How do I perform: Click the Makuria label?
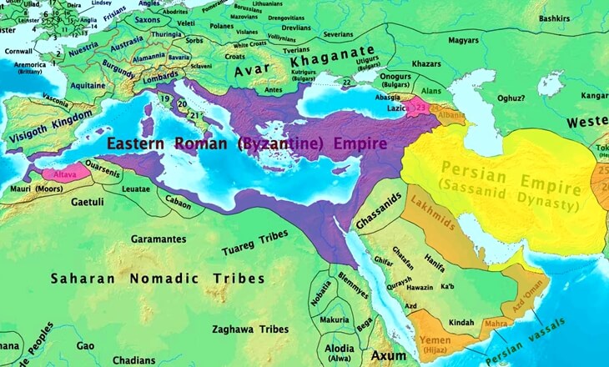(x=335, y=319)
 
